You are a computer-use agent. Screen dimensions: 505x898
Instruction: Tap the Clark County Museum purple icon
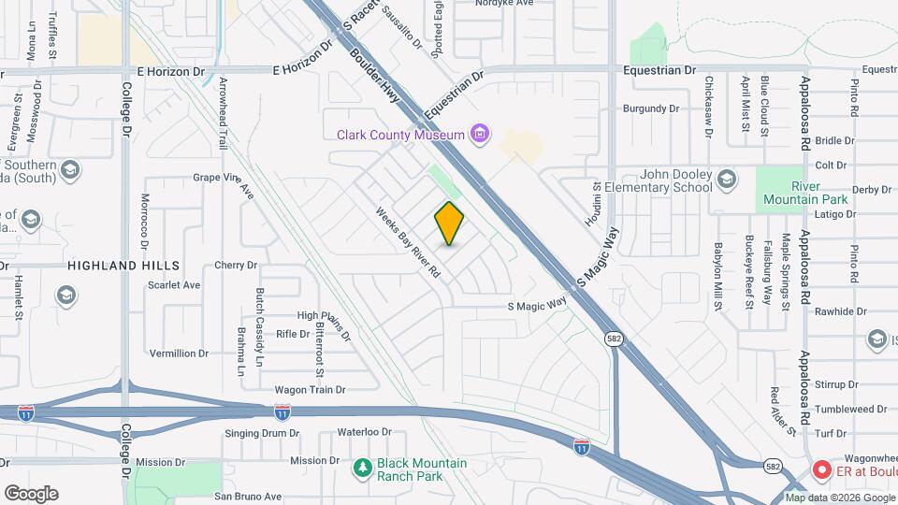coord(480,135)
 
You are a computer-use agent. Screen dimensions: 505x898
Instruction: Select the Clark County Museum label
coord(401,135)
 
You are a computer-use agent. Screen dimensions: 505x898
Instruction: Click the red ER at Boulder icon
coord(822,469)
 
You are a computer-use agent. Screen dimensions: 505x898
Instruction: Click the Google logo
coord(31,494)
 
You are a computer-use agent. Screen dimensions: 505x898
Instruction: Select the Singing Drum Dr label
coord(262,433)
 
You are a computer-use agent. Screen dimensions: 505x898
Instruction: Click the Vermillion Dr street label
coord(179,353)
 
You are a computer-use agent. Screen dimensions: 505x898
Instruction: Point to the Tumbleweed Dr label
coord(837,409)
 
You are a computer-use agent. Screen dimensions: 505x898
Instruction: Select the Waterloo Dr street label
coord(364,432)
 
